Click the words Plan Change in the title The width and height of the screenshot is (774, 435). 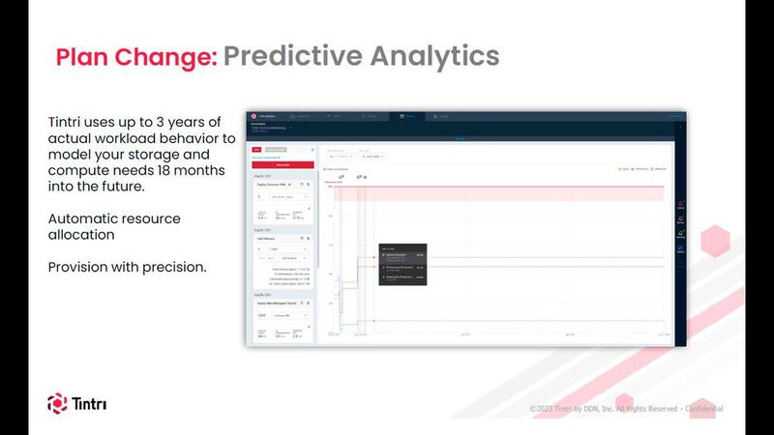pos(135,56)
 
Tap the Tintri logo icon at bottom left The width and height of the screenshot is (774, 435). pos(57,403)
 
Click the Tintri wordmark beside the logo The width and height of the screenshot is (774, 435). pos(90,403)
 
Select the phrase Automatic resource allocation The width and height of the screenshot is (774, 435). pos(113,227)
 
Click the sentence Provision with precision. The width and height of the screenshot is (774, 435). pos(127,266)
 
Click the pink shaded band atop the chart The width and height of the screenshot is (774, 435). pos(499,194)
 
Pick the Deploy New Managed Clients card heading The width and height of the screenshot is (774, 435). pos(279,304)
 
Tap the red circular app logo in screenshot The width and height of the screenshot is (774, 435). pos(253,115)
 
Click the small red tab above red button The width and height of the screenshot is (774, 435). pos(256,150)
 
